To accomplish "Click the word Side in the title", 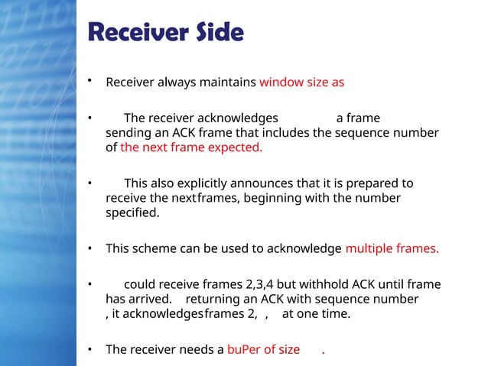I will (x=217, y=34).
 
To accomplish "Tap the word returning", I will (x=213, y=299).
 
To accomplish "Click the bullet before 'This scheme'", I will (x=89, y=249).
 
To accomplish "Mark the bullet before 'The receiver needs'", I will (x=89, y=350).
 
